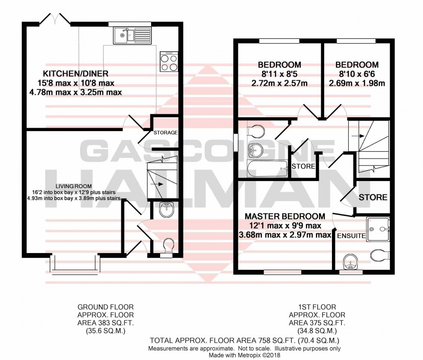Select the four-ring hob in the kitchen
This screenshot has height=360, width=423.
[169, 61]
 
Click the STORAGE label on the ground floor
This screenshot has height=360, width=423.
[165, 132]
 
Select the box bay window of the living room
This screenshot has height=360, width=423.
[73, 264]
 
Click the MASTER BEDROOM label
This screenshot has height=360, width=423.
[285, 216]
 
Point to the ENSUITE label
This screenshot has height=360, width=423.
[352, 236]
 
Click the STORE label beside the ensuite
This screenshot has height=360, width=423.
[373, 197]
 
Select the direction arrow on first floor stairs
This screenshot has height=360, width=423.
[359, 135]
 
